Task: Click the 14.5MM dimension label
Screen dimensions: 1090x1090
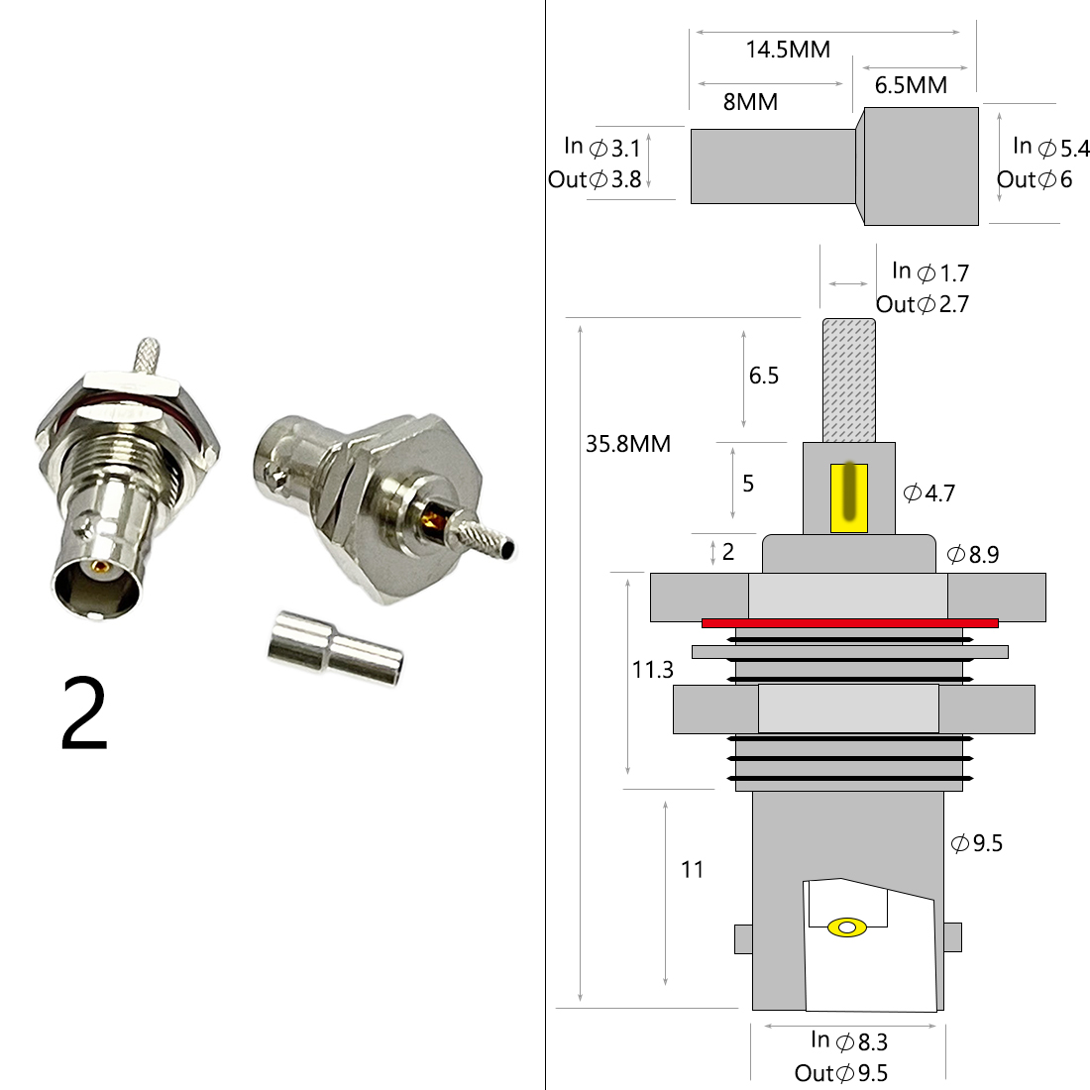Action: (788, 50)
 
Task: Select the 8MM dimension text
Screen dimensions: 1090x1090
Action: (750, 102)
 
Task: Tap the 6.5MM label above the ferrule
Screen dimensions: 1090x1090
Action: (911, 85)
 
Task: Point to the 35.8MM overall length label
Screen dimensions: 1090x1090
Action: (628, 444)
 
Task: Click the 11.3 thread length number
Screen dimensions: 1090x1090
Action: (653, 670)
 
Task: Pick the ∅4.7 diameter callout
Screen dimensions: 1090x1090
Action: (929, 492)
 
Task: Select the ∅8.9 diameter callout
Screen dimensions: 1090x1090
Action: (973, 555)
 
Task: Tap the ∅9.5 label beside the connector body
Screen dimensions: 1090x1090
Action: (977, 843)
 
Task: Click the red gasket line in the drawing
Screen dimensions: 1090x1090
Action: (849, 623)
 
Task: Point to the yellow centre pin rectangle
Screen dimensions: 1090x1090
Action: (849, 496)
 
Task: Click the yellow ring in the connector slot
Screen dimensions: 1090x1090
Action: (847, 927)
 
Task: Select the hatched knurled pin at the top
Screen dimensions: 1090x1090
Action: (849, 381)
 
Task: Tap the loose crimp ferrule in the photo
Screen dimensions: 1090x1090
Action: (335, 649)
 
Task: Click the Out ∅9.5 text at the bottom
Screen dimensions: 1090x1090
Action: (841, 1073)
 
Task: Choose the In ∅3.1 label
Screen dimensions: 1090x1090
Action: (602, 148)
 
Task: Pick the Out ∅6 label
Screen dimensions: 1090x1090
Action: (1035, 180)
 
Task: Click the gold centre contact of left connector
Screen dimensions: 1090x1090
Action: (99, 569)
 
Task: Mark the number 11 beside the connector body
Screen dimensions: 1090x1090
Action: (693, 870)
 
